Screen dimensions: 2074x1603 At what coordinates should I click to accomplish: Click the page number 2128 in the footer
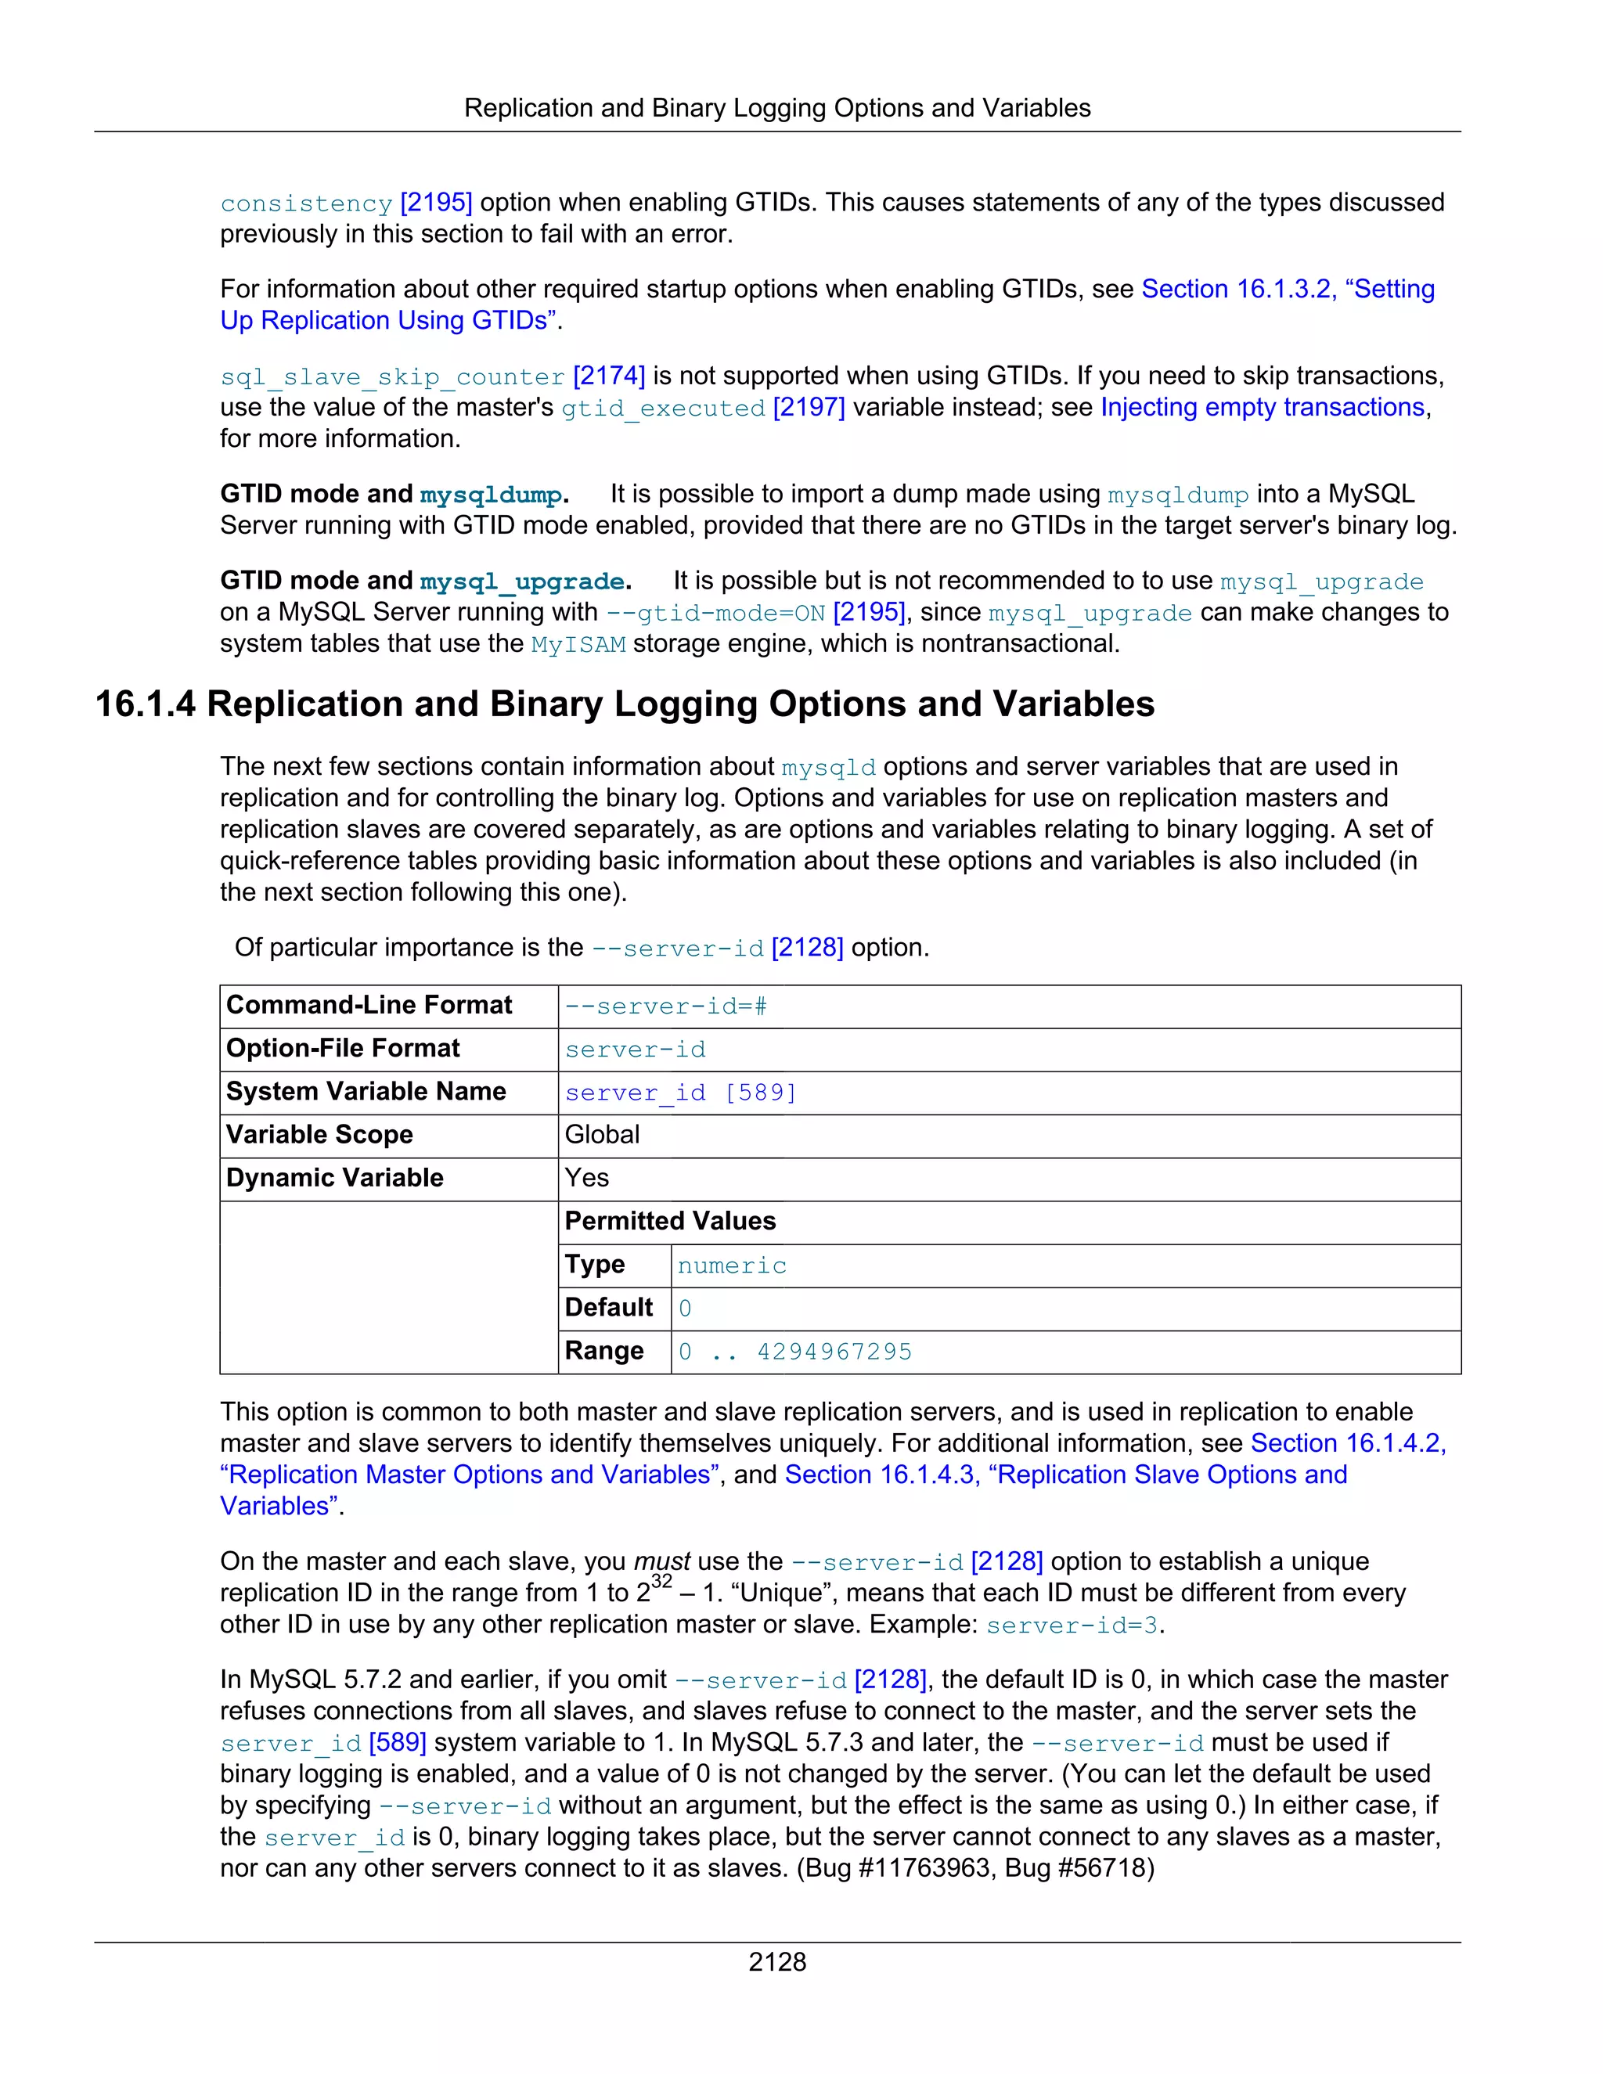(x=776, y=1962)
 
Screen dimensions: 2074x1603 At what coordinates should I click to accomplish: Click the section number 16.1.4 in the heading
(x=146, y=704)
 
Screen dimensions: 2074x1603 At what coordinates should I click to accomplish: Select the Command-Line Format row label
(x=369, y=1005)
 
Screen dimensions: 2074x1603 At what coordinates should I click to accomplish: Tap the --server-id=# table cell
(x=666, y=1006)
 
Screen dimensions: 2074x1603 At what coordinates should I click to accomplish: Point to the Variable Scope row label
(x=319, y=1135)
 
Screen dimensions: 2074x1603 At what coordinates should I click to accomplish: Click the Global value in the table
(x=602, y=1135)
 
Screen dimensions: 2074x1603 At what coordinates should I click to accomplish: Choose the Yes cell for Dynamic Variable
(x=587, y=1178)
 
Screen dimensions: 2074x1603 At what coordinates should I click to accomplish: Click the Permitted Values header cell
(x=671, y=1221)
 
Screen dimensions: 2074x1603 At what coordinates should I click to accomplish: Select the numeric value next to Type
(x=732, y=1266)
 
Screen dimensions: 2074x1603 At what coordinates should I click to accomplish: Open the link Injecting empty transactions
(x=1262, y=408)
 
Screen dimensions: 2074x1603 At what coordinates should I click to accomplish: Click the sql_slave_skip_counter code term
(x=392, y=377)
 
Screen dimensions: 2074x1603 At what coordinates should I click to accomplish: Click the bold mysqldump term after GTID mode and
(x=491, y=495)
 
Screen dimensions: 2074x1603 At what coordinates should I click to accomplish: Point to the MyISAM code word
(x=578, y=645)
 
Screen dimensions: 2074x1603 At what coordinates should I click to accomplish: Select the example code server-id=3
(x=1072, y=1626)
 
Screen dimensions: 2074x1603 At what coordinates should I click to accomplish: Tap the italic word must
(x=662, y=1562)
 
